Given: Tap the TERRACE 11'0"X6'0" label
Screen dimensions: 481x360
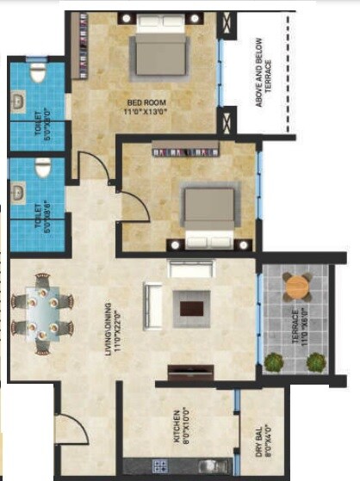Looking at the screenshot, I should click(x=295, y=324).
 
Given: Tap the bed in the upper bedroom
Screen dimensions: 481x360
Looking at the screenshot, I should click(x=158, y=53).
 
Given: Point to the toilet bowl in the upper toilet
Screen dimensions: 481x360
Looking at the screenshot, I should click(x=35, y=75).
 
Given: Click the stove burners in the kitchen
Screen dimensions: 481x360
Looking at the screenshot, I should click(x=160, y=466).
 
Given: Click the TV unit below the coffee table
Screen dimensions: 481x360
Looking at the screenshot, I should click(x=190, y=371).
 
